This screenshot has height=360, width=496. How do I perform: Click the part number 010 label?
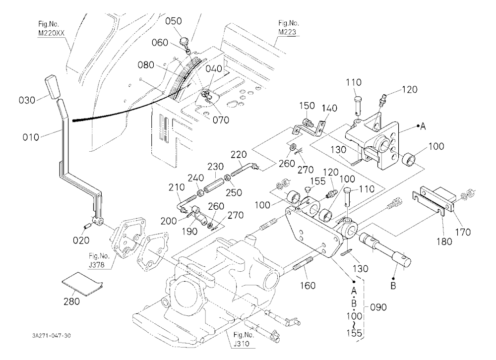click(x=31, y=137)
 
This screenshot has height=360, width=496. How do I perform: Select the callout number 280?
click(x=71, y=301)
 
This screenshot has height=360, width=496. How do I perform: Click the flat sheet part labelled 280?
click(x=82, y=284)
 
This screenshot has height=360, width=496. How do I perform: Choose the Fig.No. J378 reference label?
click(x=99, y=260)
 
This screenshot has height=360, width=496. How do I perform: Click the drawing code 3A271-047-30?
click(x=51, y=336)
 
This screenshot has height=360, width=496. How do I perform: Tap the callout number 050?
click(x=174, y=21)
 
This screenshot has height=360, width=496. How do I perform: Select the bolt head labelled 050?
click(x=184, y=42)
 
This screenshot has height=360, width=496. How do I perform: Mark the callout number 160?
click(x=308, y=286)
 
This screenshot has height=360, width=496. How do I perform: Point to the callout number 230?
click(x=215, y=167)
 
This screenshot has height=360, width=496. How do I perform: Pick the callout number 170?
click(x=463, y=232)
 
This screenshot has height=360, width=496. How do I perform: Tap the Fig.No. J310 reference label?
click(x=244, y=339)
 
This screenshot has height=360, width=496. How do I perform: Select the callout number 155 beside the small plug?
click(x=317, y=181)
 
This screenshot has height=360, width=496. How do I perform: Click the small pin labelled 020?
click(x=88, y=226)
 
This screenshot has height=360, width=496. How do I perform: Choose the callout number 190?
click(x=190, y=231)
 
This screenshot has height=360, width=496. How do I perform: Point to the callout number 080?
click(x=146, y=65)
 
